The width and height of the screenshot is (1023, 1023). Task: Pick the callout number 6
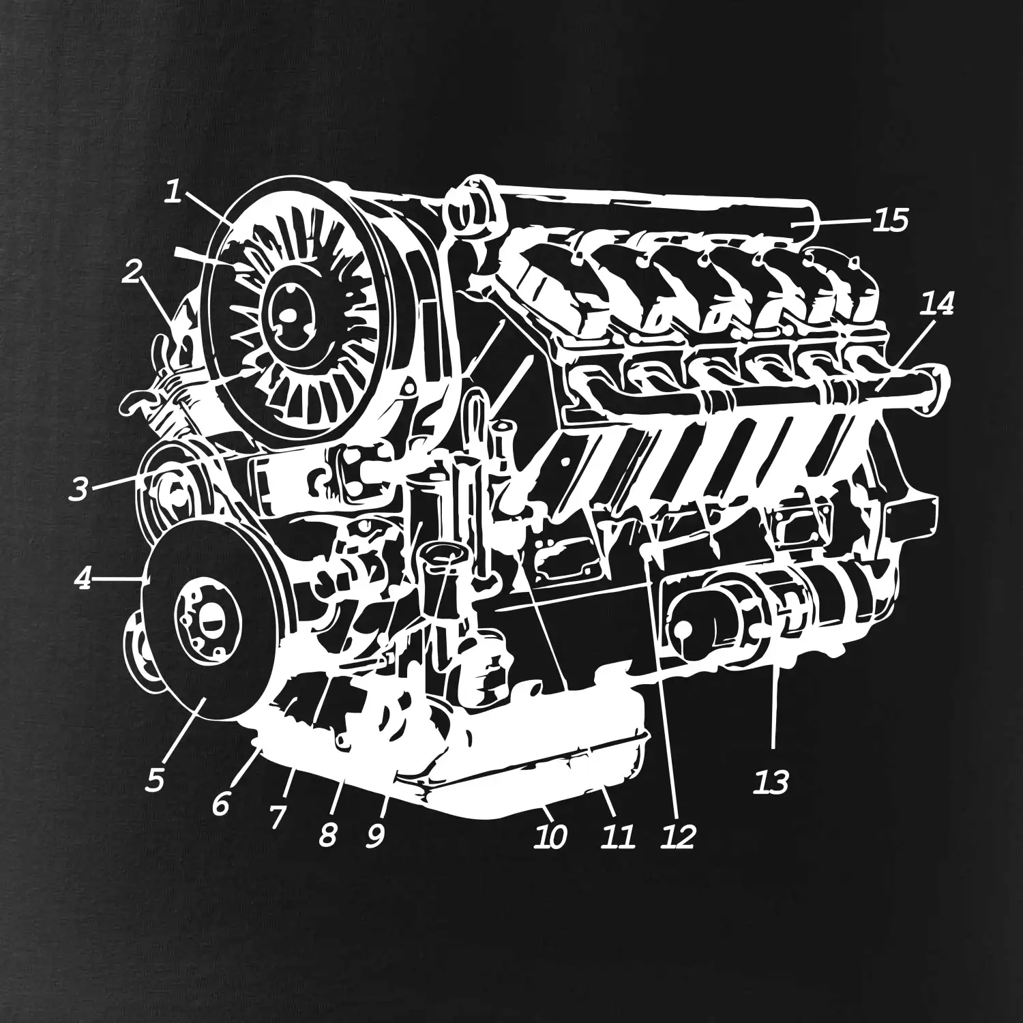(x=220, y=804)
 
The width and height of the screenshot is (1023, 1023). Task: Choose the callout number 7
(x=276, y=816)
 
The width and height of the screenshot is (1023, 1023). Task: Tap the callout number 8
(x=328, y=833)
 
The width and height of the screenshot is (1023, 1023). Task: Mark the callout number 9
(x=375, y=835)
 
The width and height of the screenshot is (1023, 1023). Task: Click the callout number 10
(x=550, y=837)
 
